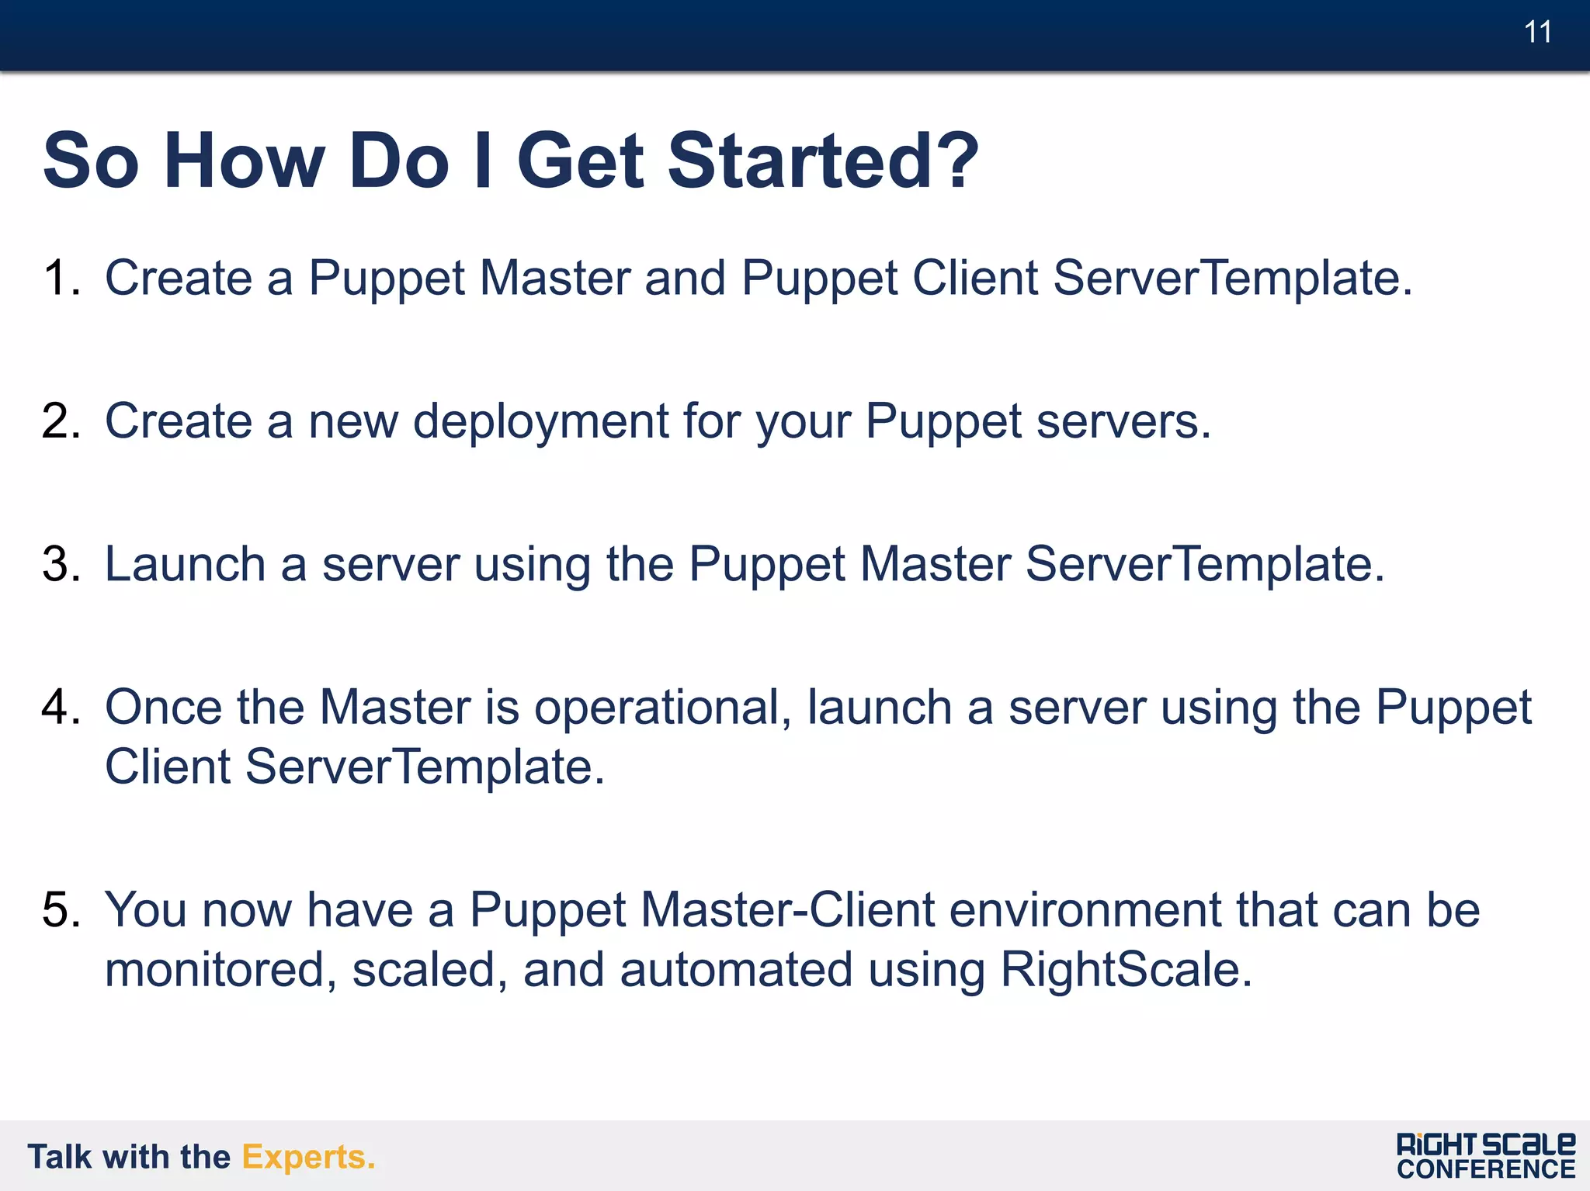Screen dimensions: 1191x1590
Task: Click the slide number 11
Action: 1537,33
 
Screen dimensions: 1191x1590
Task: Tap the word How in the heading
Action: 244,161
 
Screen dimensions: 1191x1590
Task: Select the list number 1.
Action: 60,278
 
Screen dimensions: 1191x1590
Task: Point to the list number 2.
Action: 60,421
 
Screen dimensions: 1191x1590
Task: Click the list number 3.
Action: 60,564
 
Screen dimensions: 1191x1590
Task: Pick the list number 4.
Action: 60,707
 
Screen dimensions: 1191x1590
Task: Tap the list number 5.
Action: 60,909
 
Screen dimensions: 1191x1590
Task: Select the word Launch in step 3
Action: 185,564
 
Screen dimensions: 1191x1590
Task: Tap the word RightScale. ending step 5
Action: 1126,970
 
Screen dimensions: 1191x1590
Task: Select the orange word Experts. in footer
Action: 308,1157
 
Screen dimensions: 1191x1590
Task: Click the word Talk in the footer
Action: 59,1157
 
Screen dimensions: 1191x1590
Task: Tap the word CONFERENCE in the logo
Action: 1486,1169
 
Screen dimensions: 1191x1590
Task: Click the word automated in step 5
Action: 736,970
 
